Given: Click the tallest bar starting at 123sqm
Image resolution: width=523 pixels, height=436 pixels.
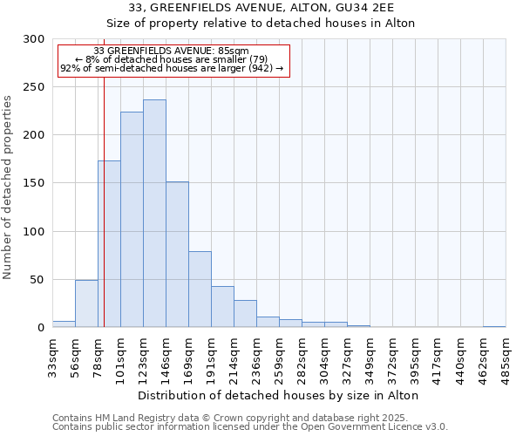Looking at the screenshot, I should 154,214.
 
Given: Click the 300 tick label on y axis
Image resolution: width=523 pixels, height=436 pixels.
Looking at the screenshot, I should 34,39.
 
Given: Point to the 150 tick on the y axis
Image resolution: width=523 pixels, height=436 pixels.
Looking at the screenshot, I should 34,184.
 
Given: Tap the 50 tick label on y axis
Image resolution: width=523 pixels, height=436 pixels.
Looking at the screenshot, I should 37,280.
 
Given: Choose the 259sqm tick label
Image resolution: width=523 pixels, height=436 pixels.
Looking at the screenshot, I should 279,356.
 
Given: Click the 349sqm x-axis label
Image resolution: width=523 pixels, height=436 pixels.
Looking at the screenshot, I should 370,356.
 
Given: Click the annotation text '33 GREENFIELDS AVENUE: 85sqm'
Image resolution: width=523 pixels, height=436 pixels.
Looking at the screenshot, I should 171,51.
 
